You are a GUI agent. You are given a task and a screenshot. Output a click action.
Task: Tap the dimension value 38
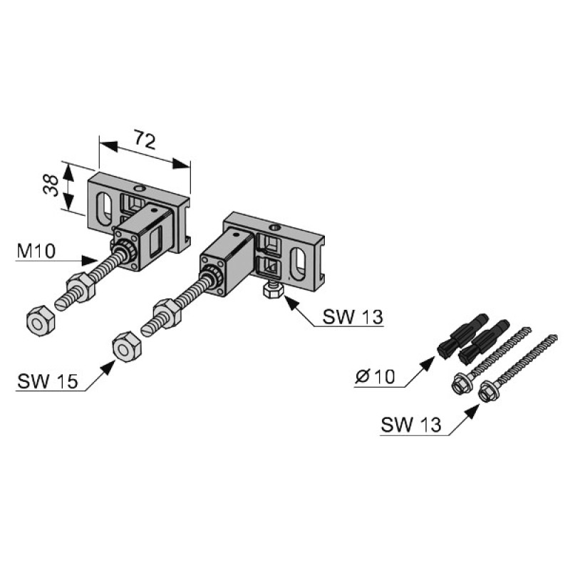[51, 185]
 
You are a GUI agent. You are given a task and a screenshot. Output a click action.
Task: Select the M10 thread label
[36, 251]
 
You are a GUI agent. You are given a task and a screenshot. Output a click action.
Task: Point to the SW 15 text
[47, 381]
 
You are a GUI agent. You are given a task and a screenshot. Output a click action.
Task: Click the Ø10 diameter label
[375, 377]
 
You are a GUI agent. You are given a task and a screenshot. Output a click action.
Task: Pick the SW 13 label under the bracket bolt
[353, 316]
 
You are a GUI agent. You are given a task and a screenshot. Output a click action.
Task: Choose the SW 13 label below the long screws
[411, 425]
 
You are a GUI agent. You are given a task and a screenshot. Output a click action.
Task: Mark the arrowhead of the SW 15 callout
[108, 367]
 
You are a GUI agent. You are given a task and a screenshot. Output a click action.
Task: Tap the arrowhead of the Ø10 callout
[428, 363]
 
